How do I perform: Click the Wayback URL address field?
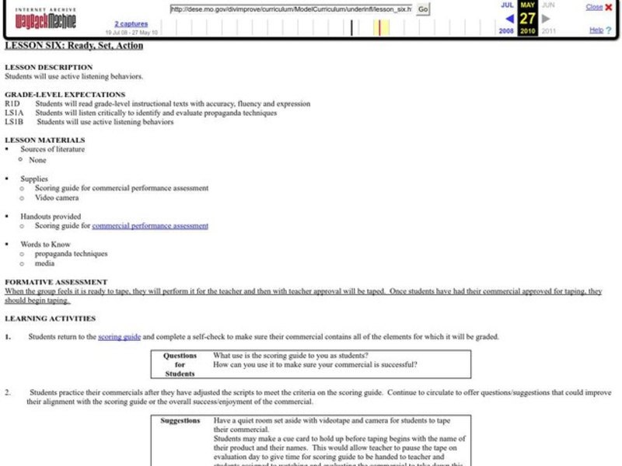[290, 9]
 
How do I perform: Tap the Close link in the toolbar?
[593, 7]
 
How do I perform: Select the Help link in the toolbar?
[596, 30]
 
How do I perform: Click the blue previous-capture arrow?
[508, 18]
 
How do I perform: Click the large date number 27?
[527, 19]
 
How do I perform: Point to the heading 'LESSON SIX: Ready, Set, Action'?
[74, 46]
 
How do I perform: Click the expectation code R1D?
[12, 103]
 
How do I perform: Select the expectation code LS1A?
[14, 113]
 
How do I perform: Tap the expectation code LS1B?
[14, 122]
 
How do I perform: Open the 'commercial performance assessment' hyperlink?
[150, 226]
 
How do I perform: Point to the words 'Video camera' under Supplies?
[56, 197]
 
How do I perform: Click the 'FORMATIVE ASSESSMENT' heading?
[56, 281]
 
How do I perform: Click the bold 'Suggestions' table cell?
[180, 420]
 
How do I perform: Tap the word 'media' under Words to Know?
[44, 263]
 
